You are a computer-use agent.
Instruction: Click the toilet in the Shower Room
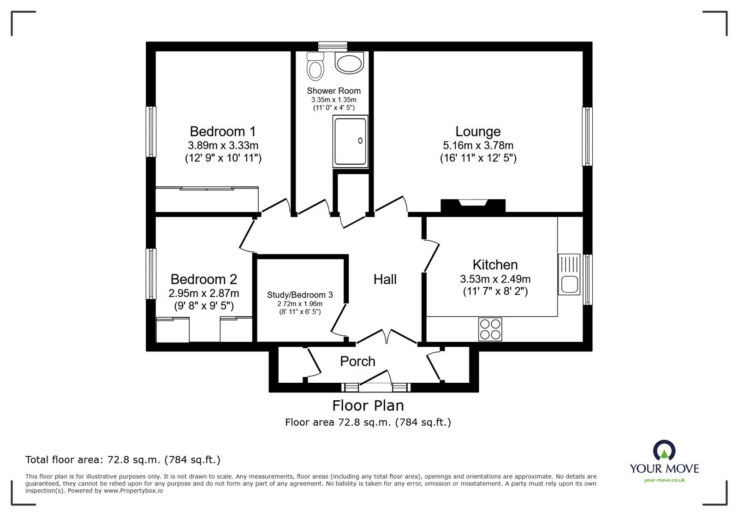click(x=316, y=67)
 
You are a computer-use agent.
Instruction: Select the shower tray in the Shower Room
click(x=350, y=142)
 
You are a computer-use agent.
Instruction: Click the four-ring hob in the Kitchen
click(x=490, y=329)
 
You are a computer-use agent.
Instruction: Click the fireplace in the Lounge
click(x=473, y=205)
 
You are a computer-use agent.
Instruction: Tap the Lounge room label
click(x=478, y=131)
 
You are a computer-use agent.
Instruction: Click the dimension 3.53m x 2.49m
click(x=495, y=279)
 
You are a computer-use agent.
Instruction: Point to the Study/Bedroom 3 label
click(x=300, y=295)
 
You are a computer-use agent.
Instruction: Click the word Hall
click(x=385, y=279)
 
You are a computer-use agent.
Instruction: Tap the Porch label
click(x=357, y=361)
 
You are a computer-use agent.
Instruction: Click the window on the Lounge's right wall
click(x=587, y=136)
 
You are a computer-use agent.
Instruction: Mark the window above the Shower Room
click(x=333, y=46)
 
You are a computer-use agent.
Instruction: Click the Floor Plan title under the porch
click(x=368, y=405)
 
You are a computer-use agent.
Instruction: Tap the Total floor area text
click(x=123, y=459)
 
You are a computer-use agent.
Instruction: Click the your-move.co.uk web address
click(x=664, y=480)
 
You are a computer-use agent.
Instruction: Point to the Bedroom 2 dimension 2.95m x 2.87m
click(x=203, y=293)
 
